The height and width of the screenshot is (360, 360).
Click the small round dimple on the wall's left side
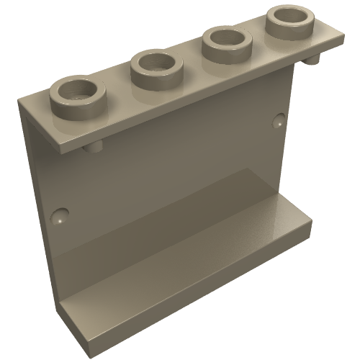pos(61,214)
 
